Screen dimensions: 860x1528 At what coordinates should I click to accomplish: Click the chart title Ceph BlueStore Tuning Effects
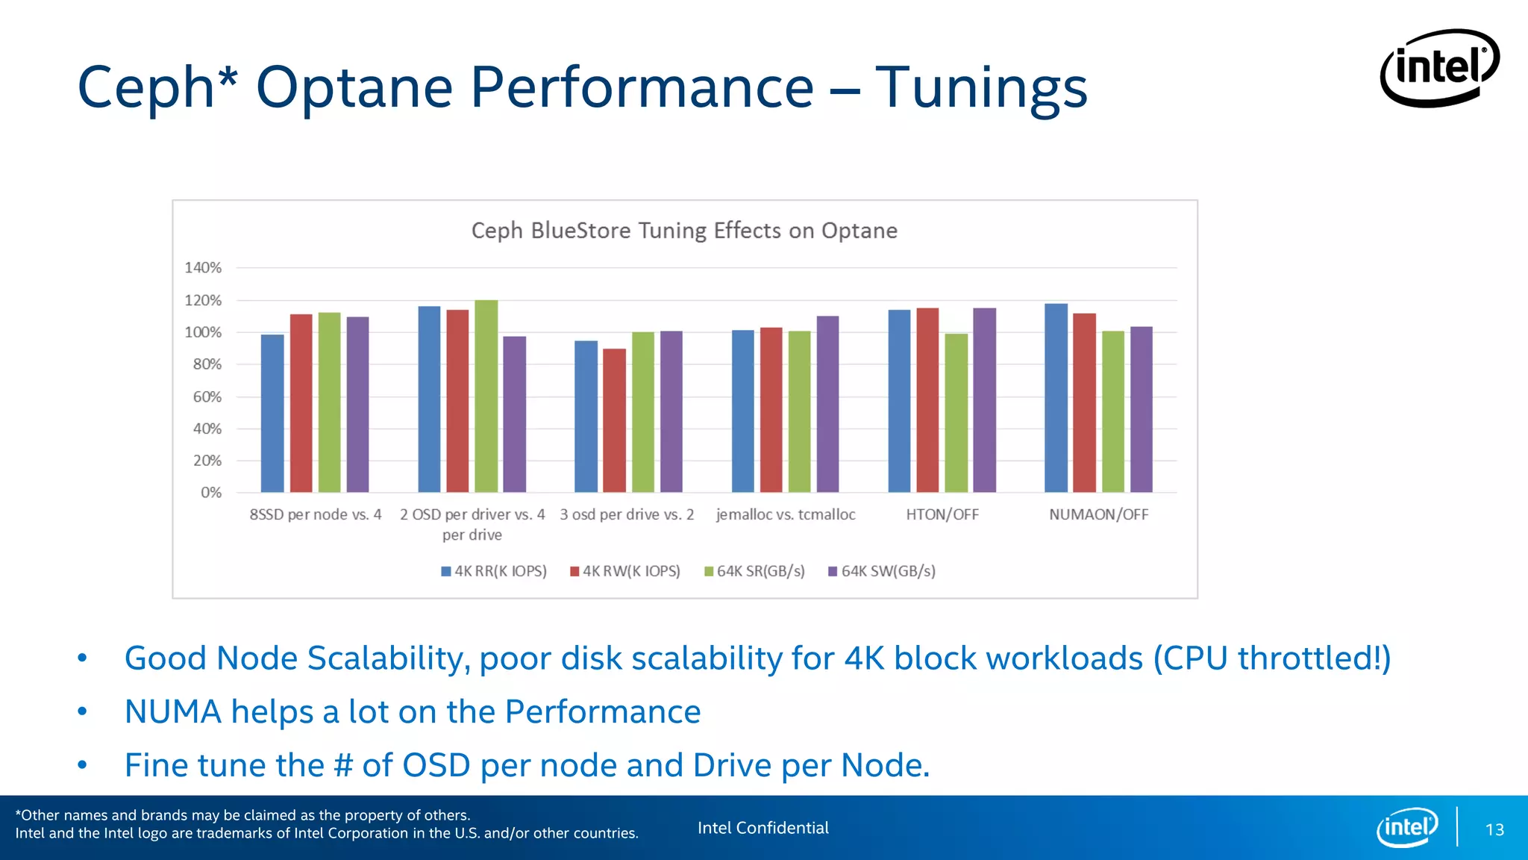click(683, 231)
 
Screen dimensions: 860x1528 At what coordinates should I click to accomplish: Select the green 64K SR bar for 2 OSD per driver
click(486, 396)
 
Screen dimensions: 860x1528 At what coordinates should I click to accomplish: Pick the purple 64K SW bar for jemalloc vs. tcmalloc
click(827, 404)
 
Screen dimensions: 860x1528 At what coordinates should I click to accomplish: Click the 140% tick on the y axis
click(203, 267)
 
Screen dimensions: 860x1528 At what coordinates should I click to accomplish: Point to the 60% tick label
click(207, 396)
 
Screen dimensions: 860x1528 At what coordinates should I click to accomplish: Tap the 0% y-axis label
click(210, 493)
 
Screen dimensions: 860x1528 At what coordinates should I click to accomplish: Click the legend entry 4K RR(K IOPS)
click(494, 571)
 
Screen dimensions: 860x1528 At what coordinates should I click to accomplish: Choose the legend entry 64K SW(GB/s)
click(882, 571)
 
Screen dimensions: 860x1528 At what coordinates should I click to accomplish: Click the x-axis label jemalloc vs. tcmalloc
click(785, 514)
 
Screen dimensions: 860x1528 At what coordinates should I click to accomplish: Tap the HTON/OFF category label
click(942, 514)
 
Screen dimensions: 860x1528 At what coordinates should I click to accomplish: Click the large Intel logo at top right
click(1439, 68)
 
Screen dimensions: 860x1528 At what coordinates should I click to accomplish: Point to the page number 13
click(1494, 829)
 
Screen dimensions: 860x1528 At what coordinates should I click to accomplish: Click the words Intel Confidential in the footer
click(763, 828)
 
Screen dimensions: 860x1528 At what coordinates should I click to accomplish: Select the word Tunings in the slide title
click(980, 88)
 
